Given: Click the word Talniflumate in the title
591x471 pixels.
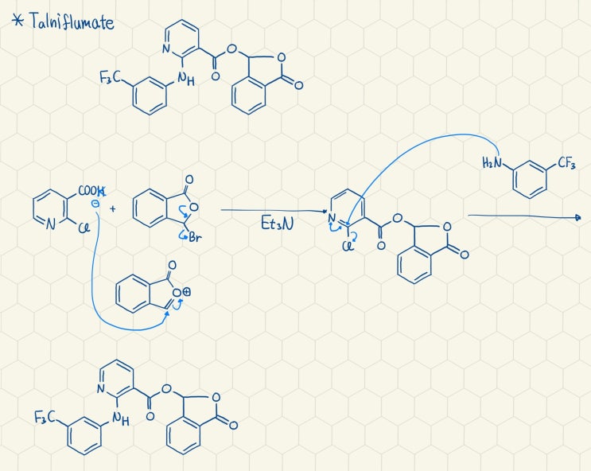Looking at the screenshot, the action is [72, 21].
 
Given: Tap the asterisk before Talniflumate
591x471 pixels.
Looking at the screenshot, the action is [17, 20].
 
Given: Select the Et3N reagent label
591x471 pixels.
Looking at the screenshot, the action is [277, 224].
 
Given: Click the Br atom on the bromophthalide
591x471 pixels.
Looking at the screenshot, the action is [195, 238].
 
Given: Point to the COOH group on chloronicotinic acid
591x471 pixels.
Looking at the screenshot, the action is [91, 191].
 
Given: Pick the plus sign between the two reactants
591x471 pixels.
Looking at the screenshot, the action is [113, 208].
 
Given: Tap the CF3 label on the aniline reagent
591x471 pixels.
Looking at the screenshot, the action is [566, 163].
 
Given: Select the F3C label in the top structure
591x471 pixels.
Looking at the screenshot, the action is [109, 78].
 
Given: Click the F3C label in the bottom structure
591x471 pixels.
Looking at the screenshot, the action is [44, 417].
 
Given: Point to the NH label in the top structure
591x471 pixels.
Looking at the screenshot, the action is [186, 80].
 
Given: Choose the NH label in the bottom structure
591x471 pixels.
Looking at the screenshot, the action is [121, 418].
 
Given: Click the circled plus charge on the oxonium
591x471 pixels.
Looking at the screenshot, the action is [187, 292].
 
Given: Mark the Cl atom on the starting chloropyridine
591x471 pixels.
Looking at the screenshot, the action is [85, 228].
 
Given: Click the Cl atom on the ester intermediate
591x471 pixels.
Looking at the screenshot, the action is [348, 247].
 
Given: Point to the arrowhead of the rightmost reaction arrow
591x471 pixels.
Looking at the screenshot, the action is [577, 217].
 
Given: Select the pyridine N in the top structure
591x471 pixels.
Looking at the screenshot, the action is [165, 49].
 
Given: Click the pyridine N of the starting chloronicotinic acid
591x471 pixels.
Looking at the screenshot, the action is [51, 224].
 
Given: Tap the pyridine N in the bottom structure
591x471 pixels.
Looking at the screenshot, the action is [100, 389].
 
